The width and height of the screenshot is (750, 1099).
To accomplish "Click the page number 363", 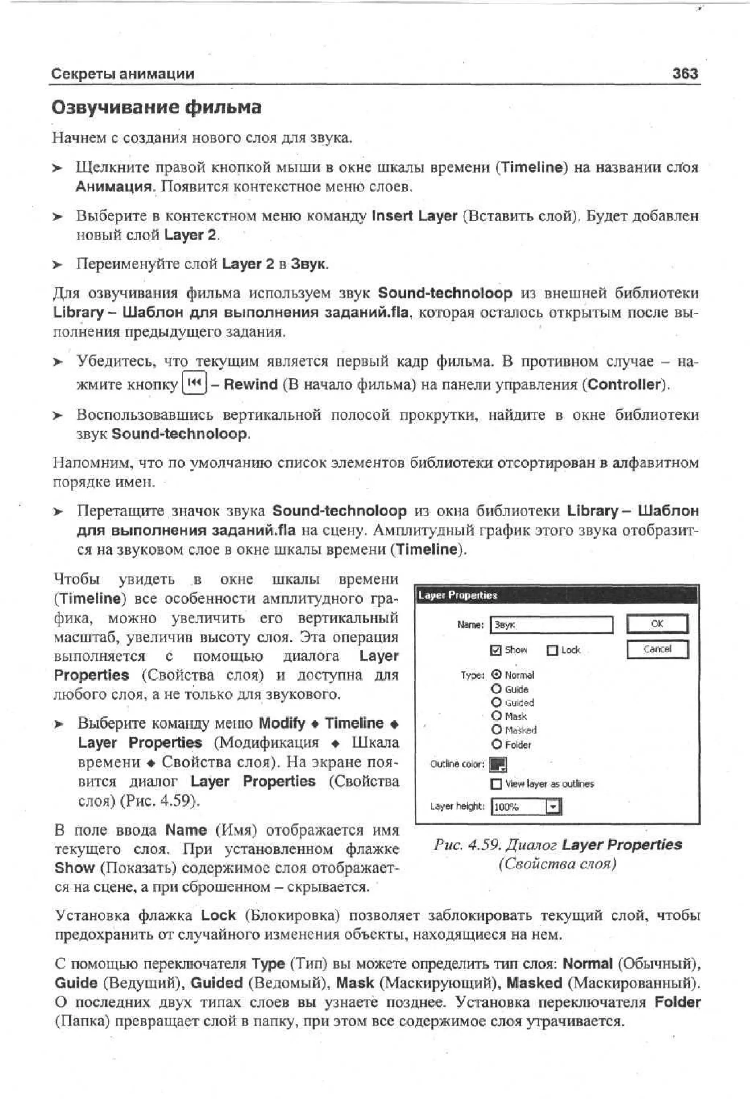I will [x=685, y=73].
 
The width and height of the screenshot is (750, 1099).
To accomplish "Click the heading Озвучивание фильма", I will [x=156, y=107].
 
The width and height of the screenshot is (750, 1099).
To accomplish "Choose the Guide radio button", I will [x=496, y=689].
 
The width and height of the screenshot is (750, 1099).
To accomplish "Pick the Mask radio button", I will [x=496, y=716].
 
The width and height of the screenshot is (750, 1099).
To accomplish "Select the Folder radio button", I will [x=496, y=744].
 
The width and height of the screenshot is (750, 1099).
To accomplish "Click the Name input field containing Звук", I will [x=551, y=625].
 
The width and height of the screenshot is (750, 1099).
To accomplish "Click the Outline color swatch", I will [x=498, y=764].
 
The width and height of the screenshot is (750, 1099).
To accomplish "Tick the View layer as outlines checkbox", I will [x=496, y=784].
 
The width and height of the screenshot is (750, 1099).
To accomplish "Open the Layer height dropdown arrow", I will [x=553, y=807].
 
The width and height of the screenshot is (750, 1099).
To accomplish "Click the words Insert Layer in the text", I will [x=415, y=216].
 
